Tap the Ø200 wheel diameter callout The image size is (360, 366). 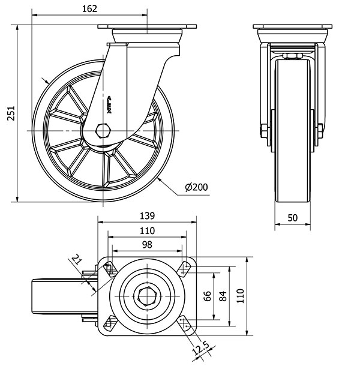[197, 187]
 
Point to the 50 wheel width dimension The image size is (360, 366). [292, 218]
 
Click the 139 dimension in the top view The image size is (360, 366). [147, 215]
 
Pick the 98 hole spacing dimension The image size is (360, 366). [147, 244]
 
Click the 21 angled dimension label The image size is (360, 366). [76, 259]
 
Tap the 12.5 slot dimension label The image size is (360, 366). [200, 348]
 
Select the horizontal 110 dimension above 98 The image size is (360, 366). [147, 230]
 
